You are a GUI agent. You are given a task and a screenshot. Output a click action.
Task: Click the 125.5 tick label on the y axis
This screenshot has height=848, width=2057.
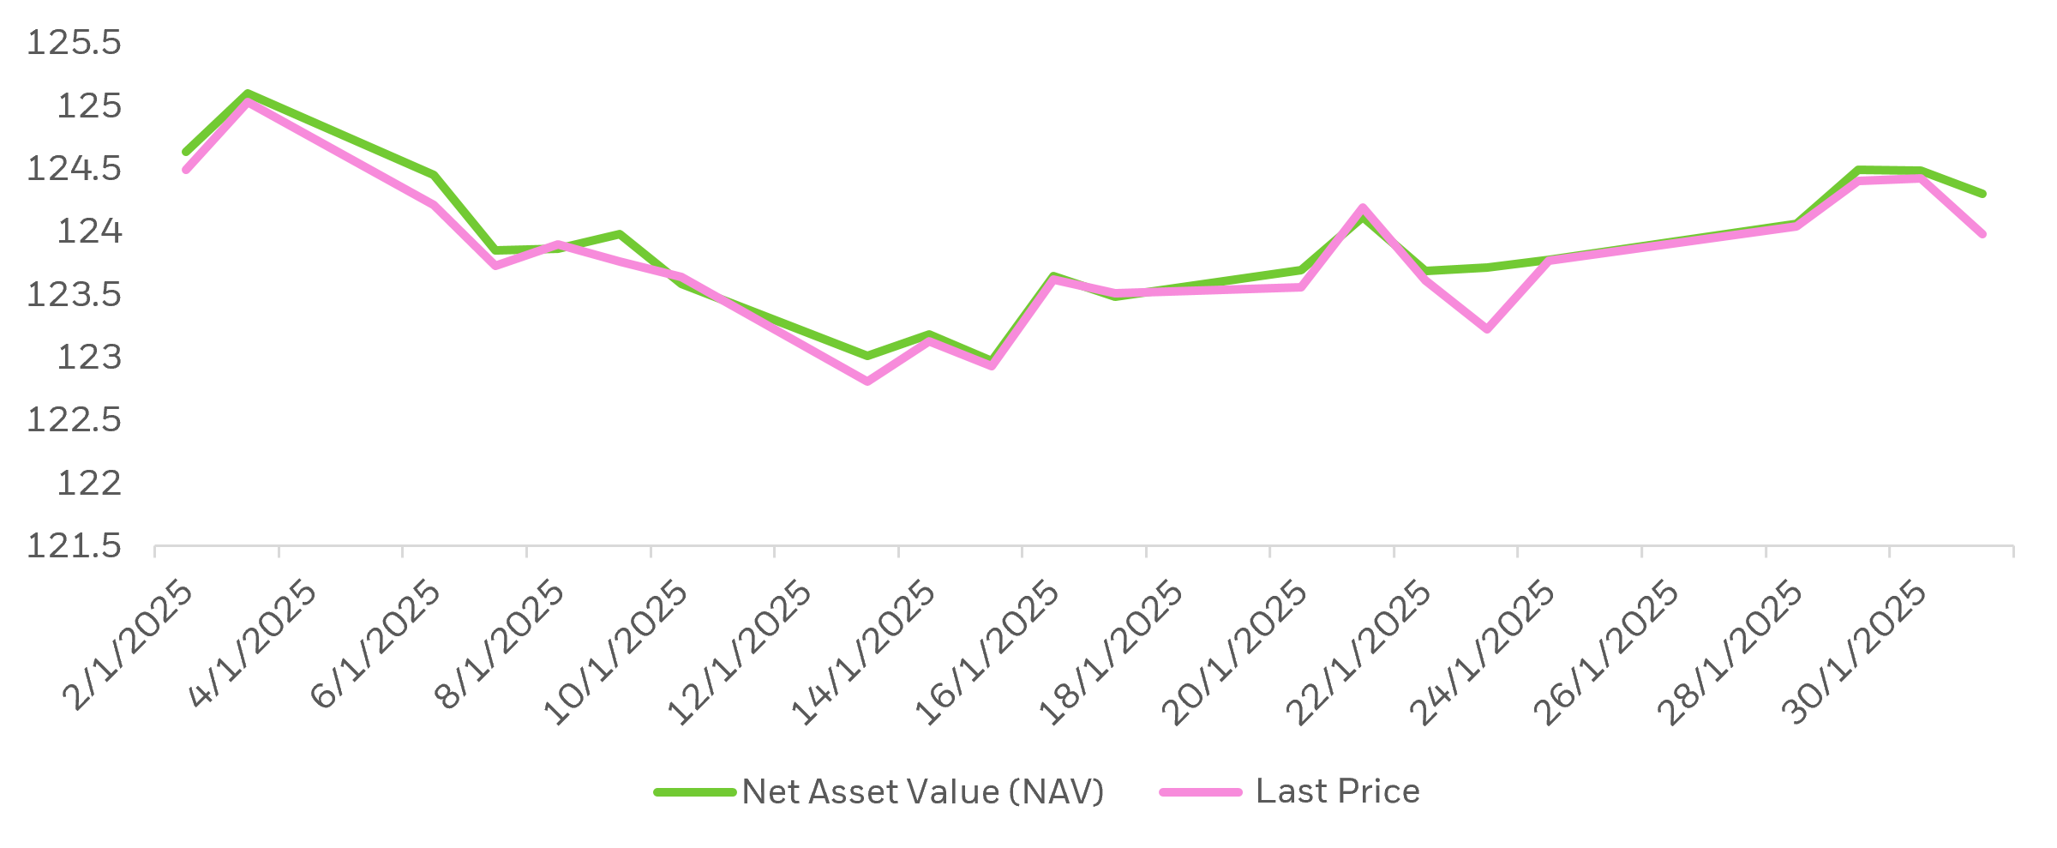(x=75, y=43)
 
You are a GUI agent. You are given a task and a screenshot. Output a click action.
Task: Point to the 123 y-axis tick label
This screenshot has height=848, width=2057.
(x=89, y=358)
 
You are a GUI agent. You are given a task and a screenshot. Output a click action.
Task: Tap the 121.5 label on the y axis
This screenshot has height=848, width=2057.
(x=75, y=546)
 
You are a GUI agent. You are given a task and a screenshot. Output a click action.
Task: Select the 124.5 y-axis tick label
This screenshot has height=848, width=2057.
(x=75, y=169)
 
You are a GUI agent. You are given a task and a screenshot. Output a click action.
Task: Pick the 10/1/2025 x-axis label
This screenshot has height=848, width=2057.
(x=617, y=653)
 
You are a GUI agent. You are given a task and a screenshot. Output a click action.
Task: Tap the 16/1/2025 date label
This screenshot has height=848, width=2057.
(x=988, y=653)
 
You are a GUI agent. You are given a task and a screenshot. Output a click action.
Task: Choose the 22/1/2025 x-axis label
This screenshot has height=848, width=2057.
(x=1360, y=653)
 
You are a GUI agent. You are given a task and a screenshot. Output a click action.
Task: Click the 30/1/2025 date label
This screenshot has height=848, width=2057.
(x=1856, y=653)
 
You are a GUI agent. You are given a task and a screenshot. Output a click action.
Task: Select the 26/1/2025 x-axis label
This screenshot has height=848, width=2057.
(x=1608, y=653)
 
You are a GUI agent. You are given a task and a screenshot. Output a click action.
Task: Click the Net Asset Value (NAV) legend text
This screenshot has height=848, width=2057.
(x=923, y=791)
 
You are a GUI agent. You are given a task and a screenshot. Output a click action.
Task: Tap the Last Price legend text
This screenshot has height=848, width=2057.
(x=1337, y=791)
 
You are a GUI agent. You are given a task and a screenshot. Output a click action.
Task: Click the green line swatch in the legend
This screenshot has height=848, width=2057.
(x=695, y=792)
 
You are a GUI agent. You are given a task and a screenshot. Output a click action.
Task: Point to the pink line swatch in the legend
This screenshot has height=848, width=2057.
(x=1201, y=792)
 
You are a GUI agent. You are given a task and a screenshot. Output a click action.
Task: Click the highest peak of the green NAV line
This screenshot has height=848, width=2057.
(x=247, y=93)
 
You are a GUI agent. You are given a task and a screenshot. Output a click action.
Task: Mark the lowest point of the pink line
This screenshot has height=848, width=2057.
(x=867, y=382)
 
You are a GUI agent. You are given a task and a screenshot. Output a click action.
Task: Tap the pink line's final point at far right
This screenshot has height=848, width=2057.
(x=1982, y=234)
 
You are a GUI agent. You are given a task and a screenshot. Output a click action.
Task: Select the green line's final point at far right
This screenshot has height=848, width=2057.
(x=1982, y=194)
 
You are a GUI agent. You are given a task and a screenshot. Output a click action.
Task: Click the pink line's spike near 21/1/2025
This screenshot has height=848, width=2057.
(x=1362, y=207)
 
